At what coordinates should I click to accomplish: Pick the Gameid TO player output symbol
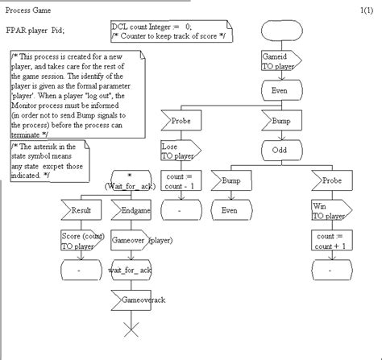coord(280,63)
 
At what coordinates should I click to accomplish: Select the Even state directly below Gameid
coord(281,92)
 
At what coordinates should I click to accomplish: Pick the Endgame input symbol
coord(131,210)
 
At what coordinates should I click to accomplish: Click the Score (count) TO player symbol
coord(81,241)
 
